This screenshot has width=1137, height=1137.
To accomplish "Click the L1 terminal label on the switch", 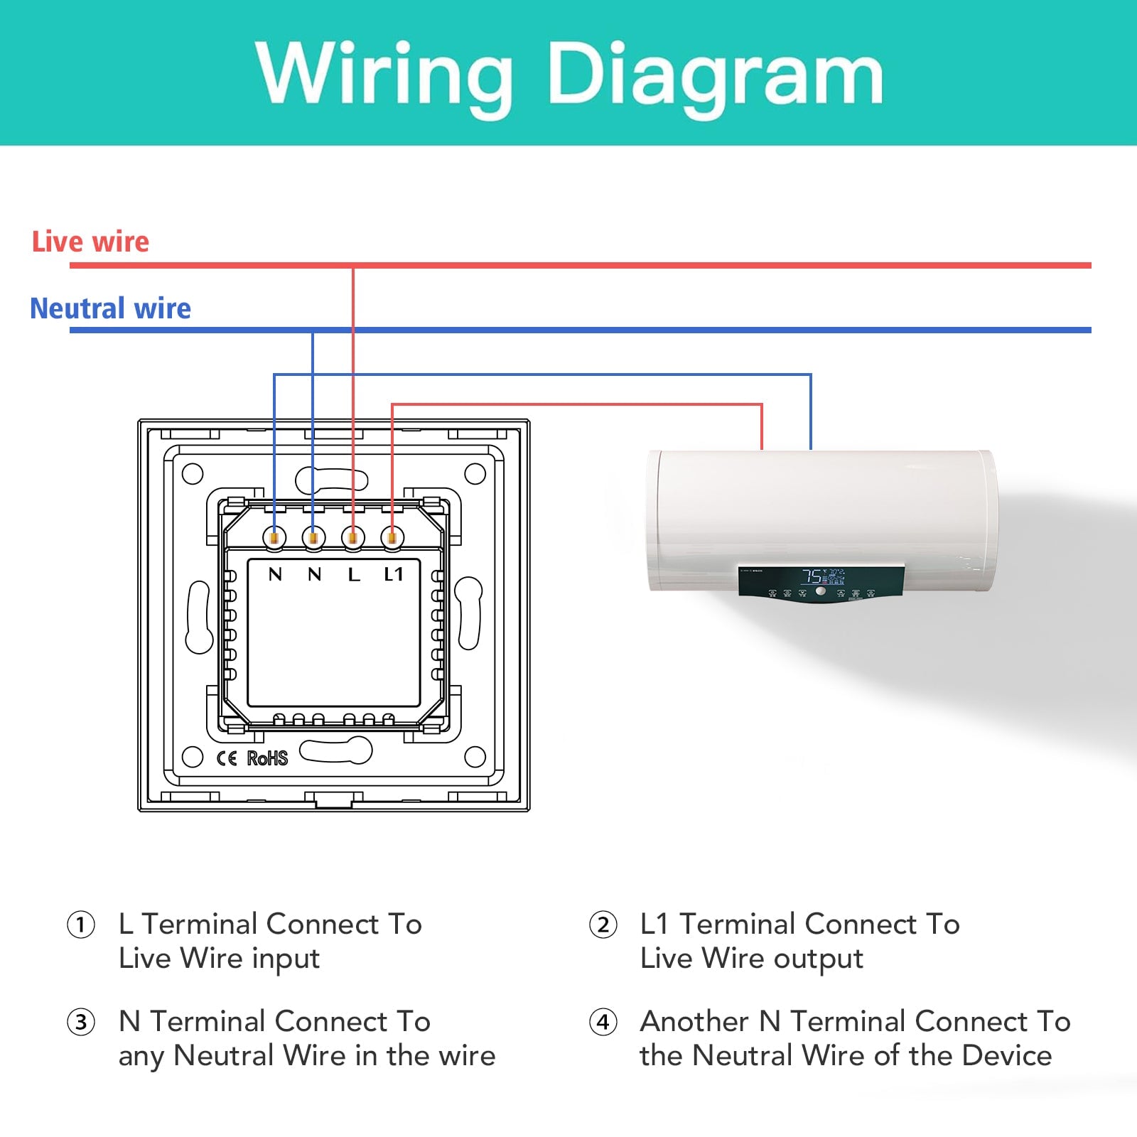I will click(394, 574).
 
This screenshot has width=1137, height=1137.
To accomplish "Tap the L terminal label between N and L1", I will click(354, 574).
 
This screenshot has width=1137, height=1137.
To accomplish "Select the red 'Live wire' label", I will click(90, 242).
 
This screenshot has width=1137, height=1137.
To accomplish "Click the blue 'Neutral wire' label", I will click(110, 308).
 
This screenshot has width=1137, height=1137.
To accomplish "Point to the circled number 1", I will click(81, 925).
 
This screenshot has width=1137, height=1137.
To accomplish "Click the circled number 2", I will click(603, 925).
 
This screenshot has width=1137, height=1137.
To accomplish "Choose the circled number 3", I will click(81, 1023).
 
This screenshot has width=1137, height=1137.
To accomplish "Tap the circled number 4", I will click(603, 1023).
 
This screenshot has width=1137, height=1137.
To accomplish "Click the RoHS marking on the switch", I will click(267, 758).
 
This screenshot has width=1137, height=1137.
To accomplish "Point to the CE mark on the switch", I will click(227, 758).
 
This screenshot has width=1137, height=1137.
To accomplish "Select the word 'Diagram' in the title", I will click(714, 75).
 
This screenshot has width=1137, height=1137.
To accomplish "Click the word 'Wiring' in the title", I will click(384, 75).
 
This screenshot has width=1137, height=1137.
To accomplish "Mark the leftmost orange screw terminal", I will click(274, 538).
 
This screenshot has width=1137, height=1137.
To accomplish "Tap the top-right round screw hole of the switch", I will click(475, 473).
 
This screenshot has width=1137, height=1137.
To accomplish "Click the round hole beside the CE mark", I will click(193, 757).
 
